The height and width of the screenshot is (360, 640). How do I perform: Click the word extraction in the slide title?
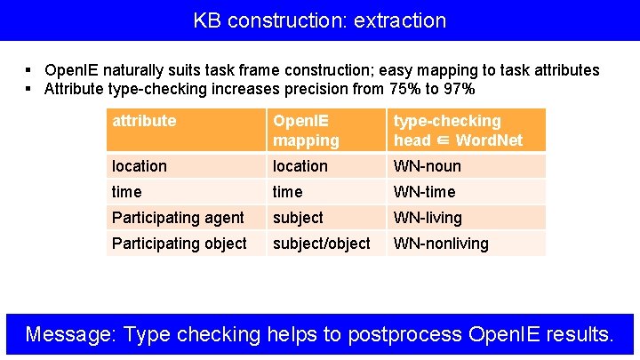coord(399,20)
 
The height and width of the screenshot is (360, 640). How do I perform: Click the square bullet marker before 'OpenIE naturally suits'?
coord(29,70)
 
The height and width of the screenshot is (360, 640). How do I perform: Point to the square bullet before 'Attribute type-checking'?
coord(29,89)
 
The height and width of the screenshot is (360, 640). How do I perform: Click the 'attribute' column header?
coord(144,121)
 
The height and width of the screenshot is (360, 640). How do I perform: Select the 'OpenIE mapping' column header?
coord(306,131)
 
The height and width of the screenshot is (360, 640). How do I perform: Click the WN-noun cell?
coord(428,166)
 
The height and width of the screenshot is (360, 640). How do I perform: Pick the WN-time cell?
coord(424,192)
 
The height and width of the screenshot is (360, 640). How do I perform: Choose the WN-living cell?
coord(428,218)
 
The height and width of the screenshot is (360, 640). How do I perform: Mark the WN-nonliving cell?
coord(441,244)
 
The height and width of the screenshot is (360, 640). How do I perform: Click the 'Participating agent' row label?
coord(178,218)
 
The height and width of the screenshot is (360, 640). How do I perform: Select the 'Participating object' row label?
coord(180,244)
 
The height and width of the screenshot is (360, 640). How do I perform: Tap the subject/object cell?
coord(321,244)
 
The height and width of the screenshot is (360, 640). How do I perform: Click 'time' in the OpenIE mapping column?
coord(287,192)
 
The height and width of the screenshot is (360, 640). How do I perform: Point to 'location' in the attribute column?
coord(139,166)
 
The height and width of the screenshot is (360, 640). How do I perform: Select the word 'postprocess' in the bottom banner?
coord(405,334)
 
